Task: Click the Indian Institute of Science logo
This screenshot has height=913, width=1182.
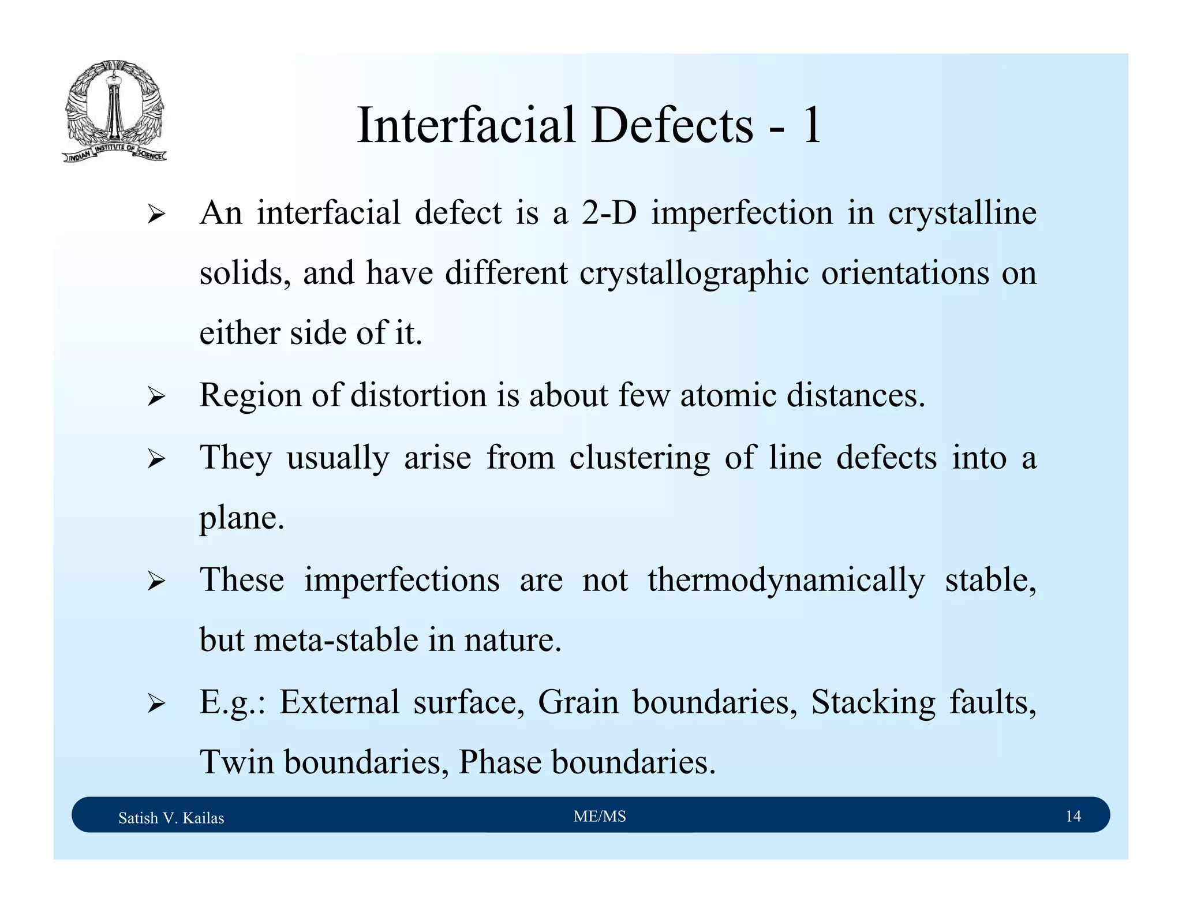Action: pos(114,111)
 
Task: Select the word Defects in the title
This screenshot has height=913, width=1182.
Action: pos(672,125)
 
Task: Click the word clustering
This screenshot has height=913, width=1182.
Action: pos(639,458)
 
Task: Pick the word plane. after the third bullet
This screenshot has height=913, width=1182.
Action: pos(242,518)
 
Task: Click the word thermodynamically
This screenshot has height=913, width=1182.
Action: pos(785,579)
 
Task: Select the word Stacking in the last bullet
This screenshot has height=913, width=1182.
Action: pos(873,702)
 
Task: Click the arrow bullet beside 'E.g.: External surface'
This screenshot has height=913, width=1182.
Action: pos(156,704)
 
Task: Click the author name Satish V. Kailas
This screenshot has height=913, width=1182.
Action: pos(171,818)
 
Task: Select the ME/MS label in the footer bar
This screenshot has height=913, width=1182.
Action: pos(600,816)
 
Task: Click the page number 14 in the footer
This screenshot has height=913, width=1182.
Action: pos(1073,816)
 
